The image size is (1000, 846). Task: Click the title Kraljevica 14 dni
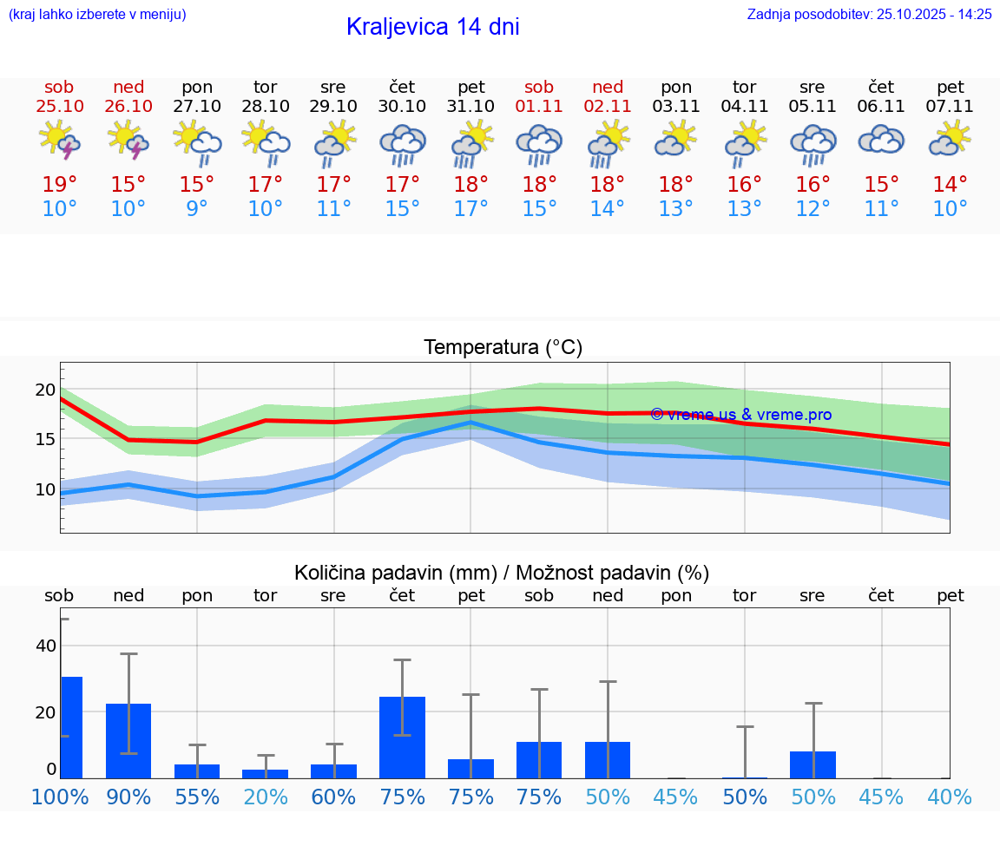(432, 27)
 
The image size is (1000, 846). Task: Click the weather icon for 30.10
(402, 144)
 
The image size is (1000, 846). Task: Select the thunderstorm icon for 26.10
(128, 141)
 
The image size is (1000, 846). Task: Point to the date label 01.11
(539, 107)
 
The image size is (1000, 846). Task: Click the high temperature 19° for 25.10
(60, 185)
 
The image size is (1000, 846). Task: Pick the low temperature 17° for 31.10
(470, 209)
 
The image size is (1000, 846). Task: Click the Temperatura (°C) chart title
(503, 348)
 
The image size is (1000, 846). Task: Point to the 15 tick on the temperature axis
(45, 439)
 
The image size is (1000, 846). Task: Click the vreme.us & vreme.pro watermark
(740, 415)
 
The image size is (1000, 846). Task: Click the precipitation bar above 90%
(128, 741)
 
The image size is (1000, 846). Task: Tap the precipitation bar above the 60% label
(333, 771)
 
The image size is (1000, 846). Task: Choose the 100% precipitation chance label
(60, 797)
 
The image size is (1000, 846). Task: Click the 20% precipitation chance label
(266, 797)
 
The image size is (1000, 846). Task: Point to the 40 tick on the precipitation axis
(45, 646)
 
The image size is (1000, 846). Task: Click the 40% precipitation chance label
(950, 797)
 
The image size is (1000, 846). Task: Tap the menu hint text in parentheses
(97, 14)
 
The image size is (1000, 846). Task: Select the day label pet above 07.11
(950, 87)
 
